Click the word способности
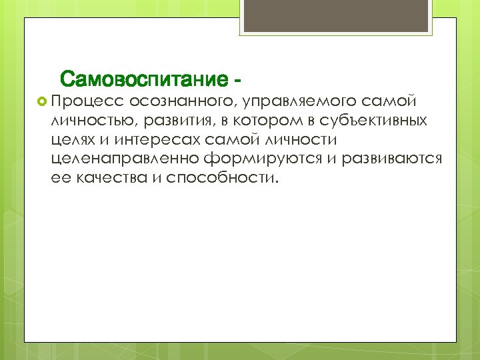click(221, 179)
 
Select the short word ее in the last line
click(59, 179)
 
